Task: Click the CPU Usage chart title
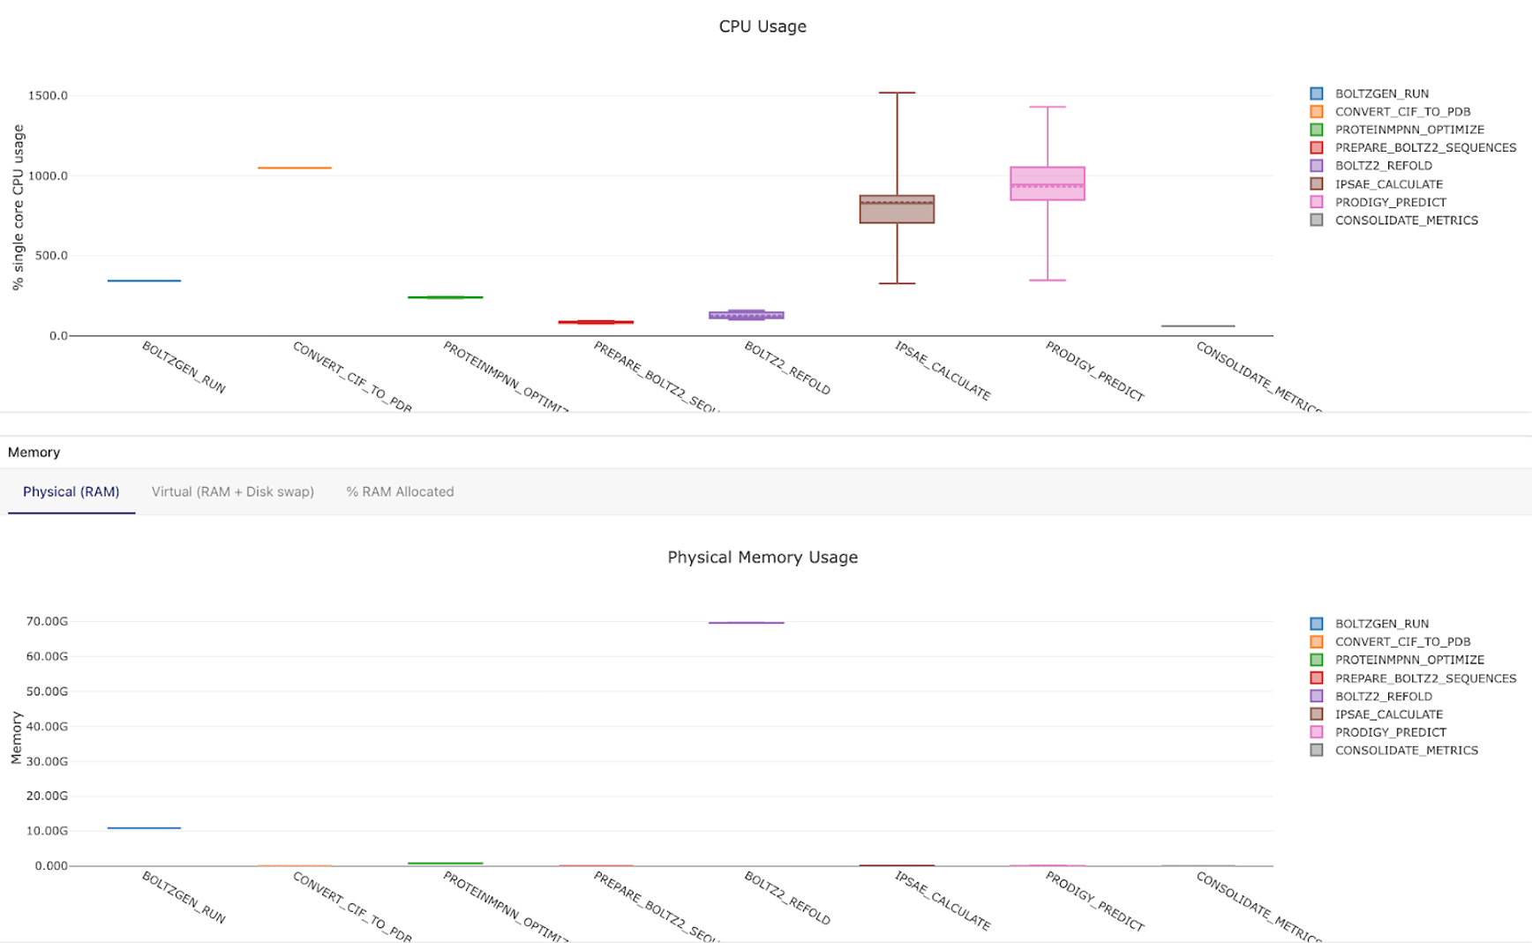tap(762, 26)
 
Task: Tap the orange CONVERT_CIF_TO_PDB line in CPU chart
tap(295, 168)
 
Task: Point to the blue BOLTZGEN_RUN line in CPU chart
tap(145, 281)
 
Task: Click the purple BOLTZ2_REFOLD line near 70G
tap(747, 623)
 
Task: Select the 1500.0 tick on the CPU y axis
tap(48, 95)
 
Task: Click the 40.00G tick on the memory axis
tap(47, 727)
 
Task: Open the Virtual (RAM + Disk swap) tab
tap(233, 492)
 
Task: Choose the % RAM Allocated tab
tap(400, 492)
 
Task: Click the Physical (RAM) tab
tap(71, 492)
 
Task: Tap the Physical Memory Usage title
tap(762, 558)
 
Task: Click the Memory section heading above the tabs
tap(34, 453)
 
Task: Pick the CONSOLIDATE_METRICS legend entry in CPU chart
tap(1406, 221)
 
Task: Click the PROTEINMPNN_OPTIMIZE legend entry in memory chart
tap(1409, 660)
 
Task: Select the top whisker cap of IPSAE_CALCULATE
tap(897, 93)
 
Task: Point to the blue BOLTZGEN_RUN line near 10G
tap(145, 827)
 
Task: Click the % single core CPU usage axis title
tap(18, 207)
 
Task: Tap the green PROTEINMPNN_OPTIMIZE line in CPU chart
tap(445, 297)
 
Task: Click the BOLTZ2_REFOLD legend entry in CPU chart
tap(1383, 166)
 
